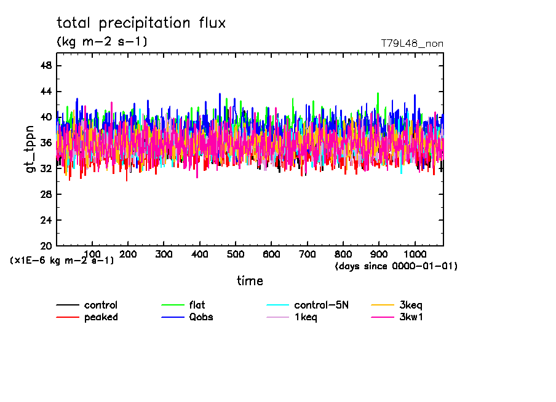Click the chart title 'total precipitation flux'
(x=141, y=23)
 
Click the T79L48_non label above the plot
(x=412, y=44)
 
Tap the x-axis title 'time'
(x=250, y=281)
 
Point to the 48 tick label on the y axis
(x=46, y=66)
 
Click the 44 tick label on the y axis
(x=46, y=92)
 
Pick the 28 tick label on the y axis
(x=46, y=194)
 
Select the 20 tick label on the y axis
(x=46, y=246)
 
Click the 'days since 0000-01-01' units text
(x=396, y=267)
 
